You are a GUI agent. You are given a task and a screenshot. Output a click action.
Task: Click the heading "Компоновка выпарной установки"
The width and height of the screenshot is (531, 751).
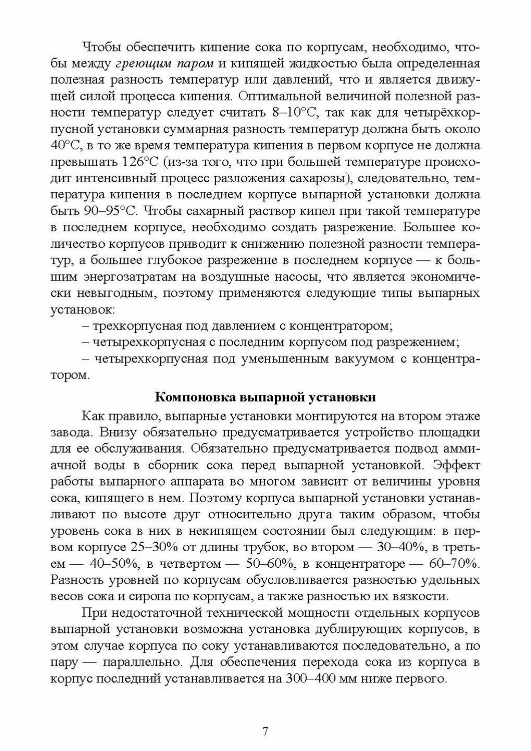coord(265,398)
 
